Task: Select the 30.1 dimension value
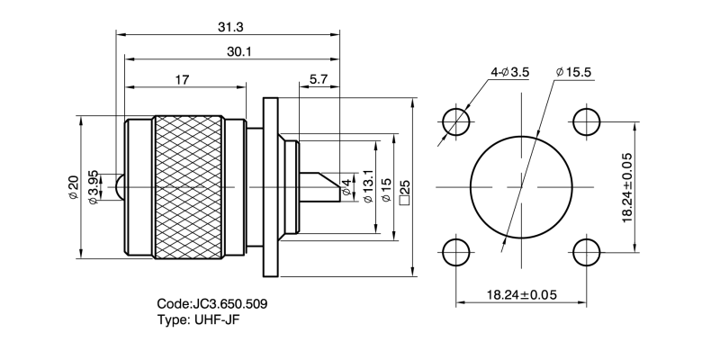238,52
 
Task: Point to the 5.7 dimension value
318,79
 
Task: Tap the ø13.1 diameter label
367,187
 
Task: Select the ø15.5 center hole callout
576,71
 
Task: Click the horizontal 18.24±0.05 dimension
521,294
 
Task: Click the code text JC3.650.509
211,304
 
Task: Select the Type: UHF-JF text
200,319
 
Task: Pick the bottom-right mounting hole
587,252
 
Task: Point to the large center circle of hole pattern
521,187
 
